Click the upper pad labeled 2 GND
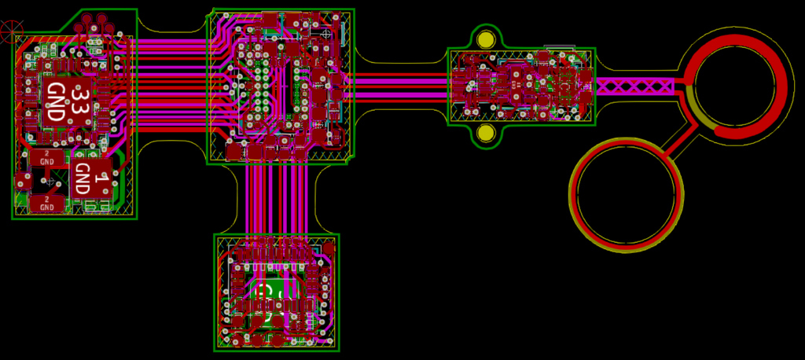[46, 156]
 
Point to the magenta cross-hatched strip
[635, 86]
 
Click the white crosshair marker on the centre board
[326, 35]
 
